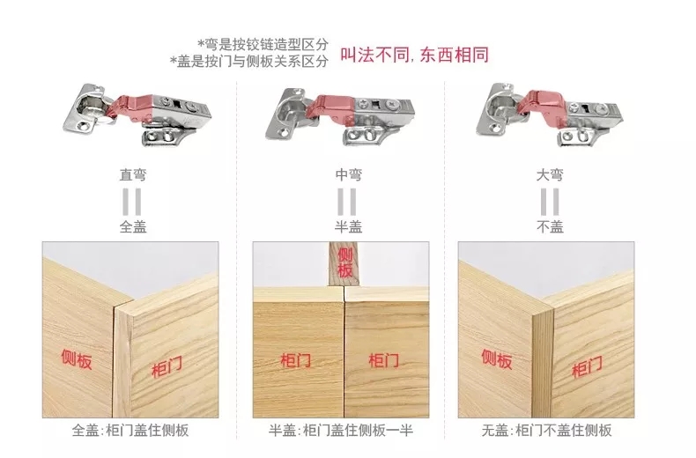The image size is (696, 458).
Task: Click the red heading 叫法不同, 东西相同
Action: [x=414, y=55]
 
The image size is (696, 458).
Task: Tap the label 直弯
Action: [x=132, y=175]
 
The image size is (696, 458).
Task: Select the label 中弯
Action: [x=349, y=175]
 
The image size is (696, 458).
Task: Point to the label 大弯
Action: [x=550, y=175]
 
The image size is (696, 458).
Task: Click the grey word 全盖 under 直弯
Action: [x=133, y=226]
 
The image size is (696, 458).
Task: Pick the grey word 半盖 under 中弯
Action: [x=349, y=226]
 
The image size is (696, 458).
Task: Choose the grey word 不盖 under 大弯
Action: [x=550, y=226]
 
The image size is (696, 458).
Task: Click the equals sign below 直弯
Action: [x=132, y=202]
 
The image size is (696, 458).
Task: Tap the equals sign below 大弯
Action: [x=550, y=202]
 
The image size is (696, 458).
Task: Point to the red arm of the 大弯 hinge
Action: [x=543, y=107]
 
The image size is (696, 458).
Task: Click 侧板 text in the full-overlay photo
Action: [x=77, y=359]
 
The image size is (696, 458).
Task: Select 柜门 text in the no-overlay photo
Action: [x=588, y=366]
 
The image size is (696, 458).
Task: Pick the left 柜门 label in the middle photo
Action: [x=296, y=360]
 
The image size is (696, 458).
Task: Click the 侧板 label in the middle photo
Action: [x=344, y=262]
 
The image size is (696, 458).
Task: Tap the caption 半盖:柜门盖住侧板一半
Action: [x=341, y=430]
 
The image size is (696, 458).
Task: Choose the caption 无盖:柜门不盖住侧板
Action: [x=546, y=430]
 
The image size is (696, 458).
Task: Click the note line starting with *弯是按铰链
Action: [x=263, y=44]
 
